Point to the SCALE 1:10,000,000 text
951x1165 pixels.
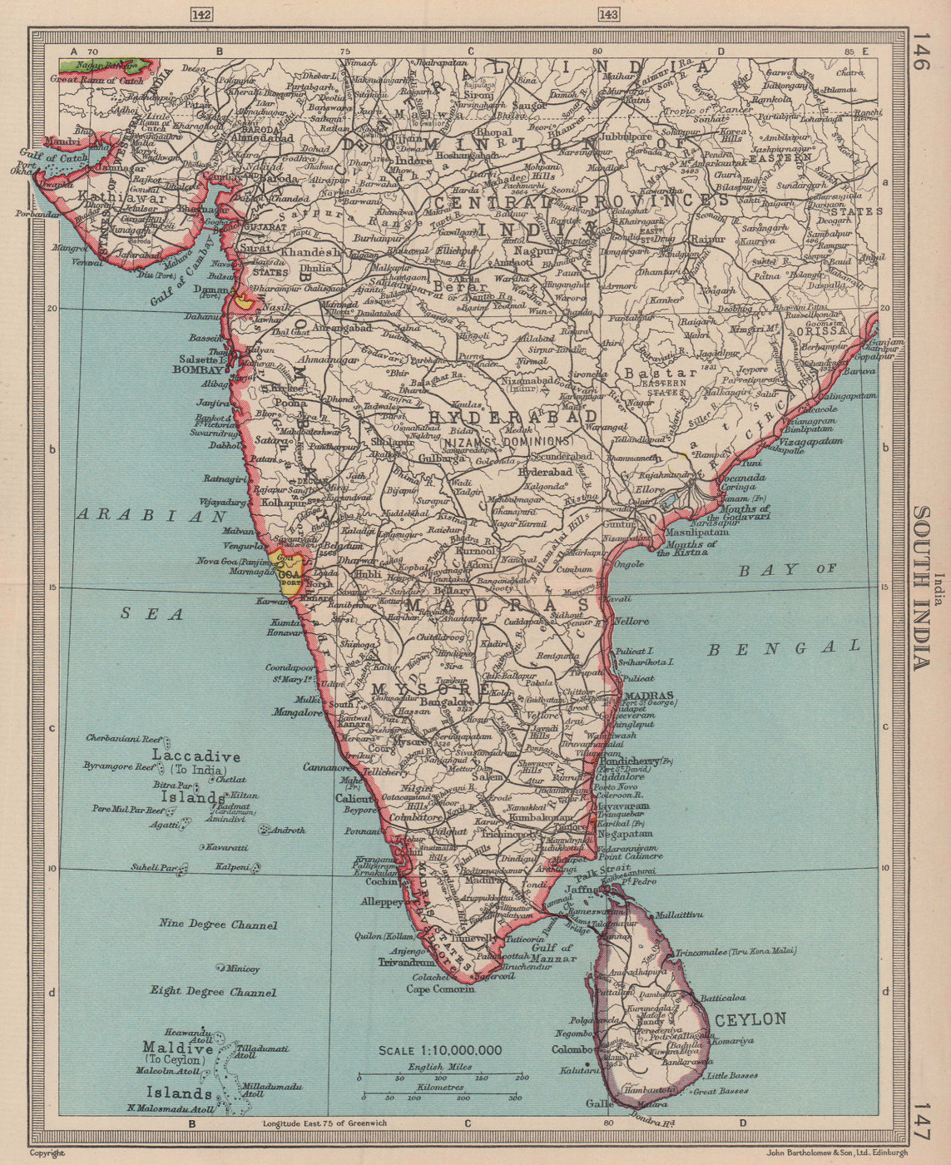coord(440,1050)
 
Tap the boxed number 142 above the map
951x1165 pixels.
coord(201,14)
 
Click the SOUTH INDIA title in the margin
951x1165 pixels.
coord(919,587)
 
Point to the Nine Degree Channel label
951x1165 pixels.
coord(218,925)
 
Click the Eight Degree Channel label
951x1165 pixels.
coord(213,992)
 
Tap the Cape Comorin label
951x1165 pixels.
coord(440,989)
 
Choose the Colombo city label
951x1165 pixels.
coord(572,1049)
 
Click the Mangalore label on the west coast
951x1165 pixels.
coord(298,712)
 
